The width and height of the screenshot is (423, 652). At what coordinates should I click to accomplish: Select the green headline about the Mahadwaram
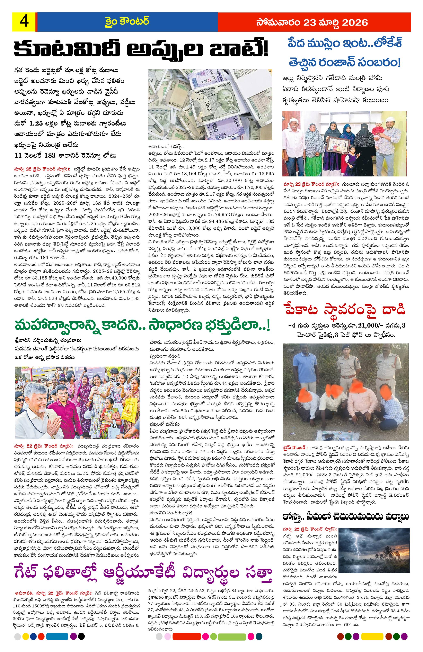pyautogui.click(x=143, y=325)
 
